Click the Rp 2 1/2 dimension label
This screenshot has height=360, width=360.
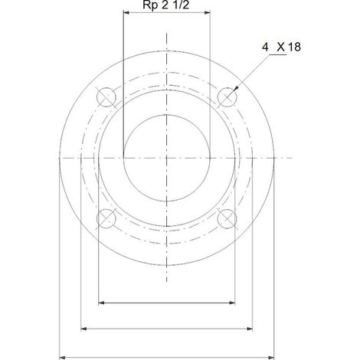166,5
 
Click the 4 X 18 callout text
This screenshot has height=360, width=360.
281,47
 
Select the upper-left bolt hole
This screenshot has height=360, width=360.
106,97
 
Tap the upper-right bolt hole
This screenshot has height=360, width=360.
227,97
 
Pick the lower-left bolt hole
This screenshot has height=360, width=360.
106,218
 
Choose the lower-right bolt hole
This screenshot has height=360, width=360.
227,218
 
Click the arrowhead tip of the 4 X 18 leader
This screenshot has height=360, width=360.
234,91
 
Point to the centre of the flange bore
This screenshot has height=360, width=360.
166,158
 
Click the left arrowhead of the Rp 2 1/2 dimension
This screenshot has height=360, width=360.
126,12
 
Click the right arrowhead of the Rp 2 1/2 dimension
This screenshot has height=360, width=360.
207,12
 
